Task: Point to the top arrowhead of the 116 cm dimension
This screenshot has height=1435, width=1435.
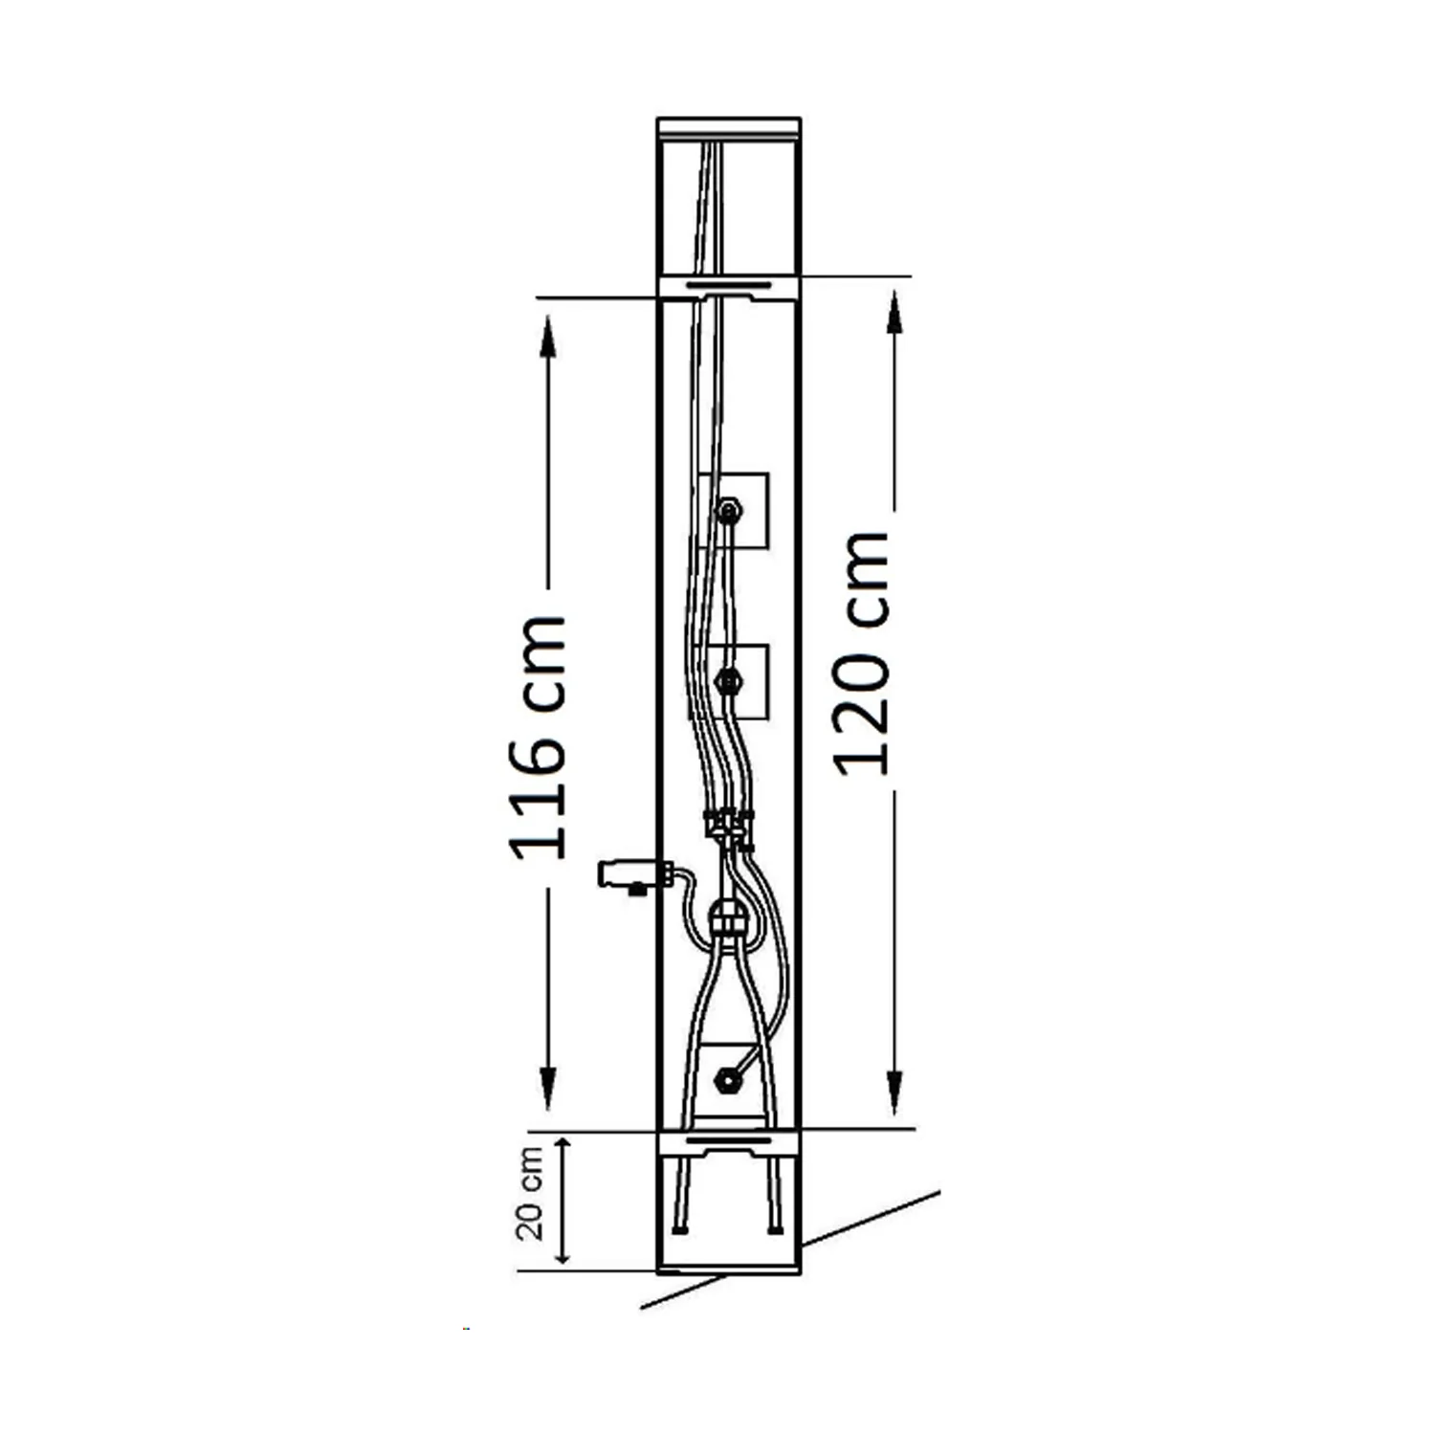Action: (547, 335)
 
